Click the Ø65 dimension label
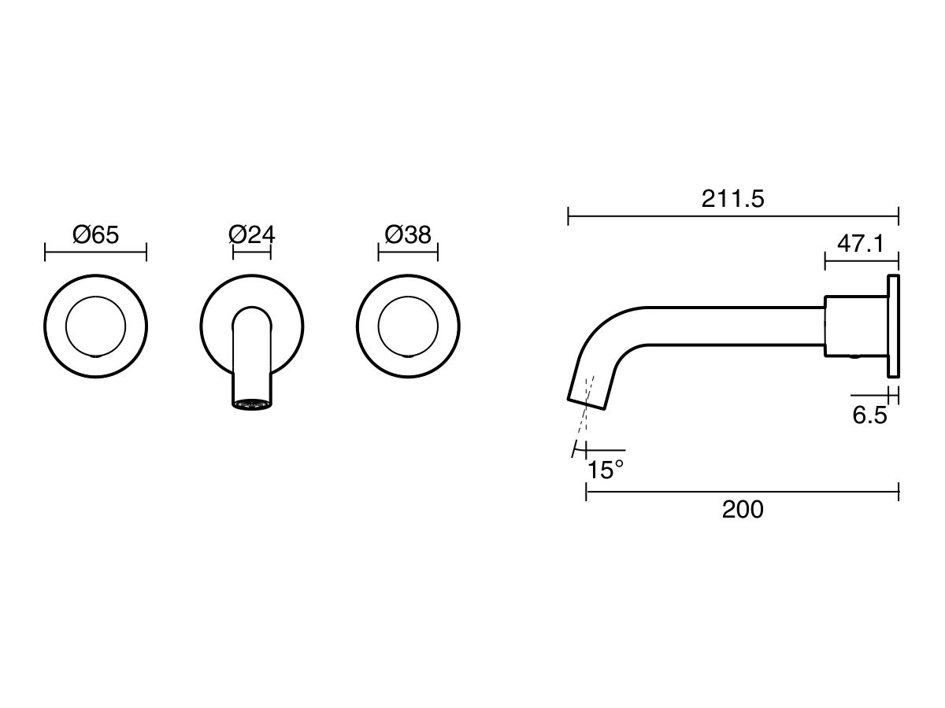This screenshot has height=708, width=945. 95,234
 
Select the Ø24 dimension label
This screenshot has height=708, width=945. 251,234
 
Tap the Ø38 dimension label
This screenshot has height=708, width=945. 408,234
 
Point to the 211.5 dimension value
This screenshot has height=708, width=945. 732,199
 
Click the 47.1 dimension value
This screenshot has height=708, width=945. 860,244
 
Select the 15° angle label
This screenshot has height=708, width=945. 606,470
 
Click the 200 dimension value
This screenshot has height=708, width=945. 743,510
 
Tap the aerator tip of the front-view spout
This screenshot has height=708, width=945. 252,403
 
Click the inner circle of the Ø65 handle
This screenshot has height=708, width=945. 95,326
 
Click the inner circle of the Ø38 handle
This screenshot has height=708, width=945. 408,326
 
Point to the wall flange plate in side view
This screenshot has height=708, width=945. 893,326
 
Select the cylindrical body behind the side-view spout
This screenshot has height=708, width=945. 855,326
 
